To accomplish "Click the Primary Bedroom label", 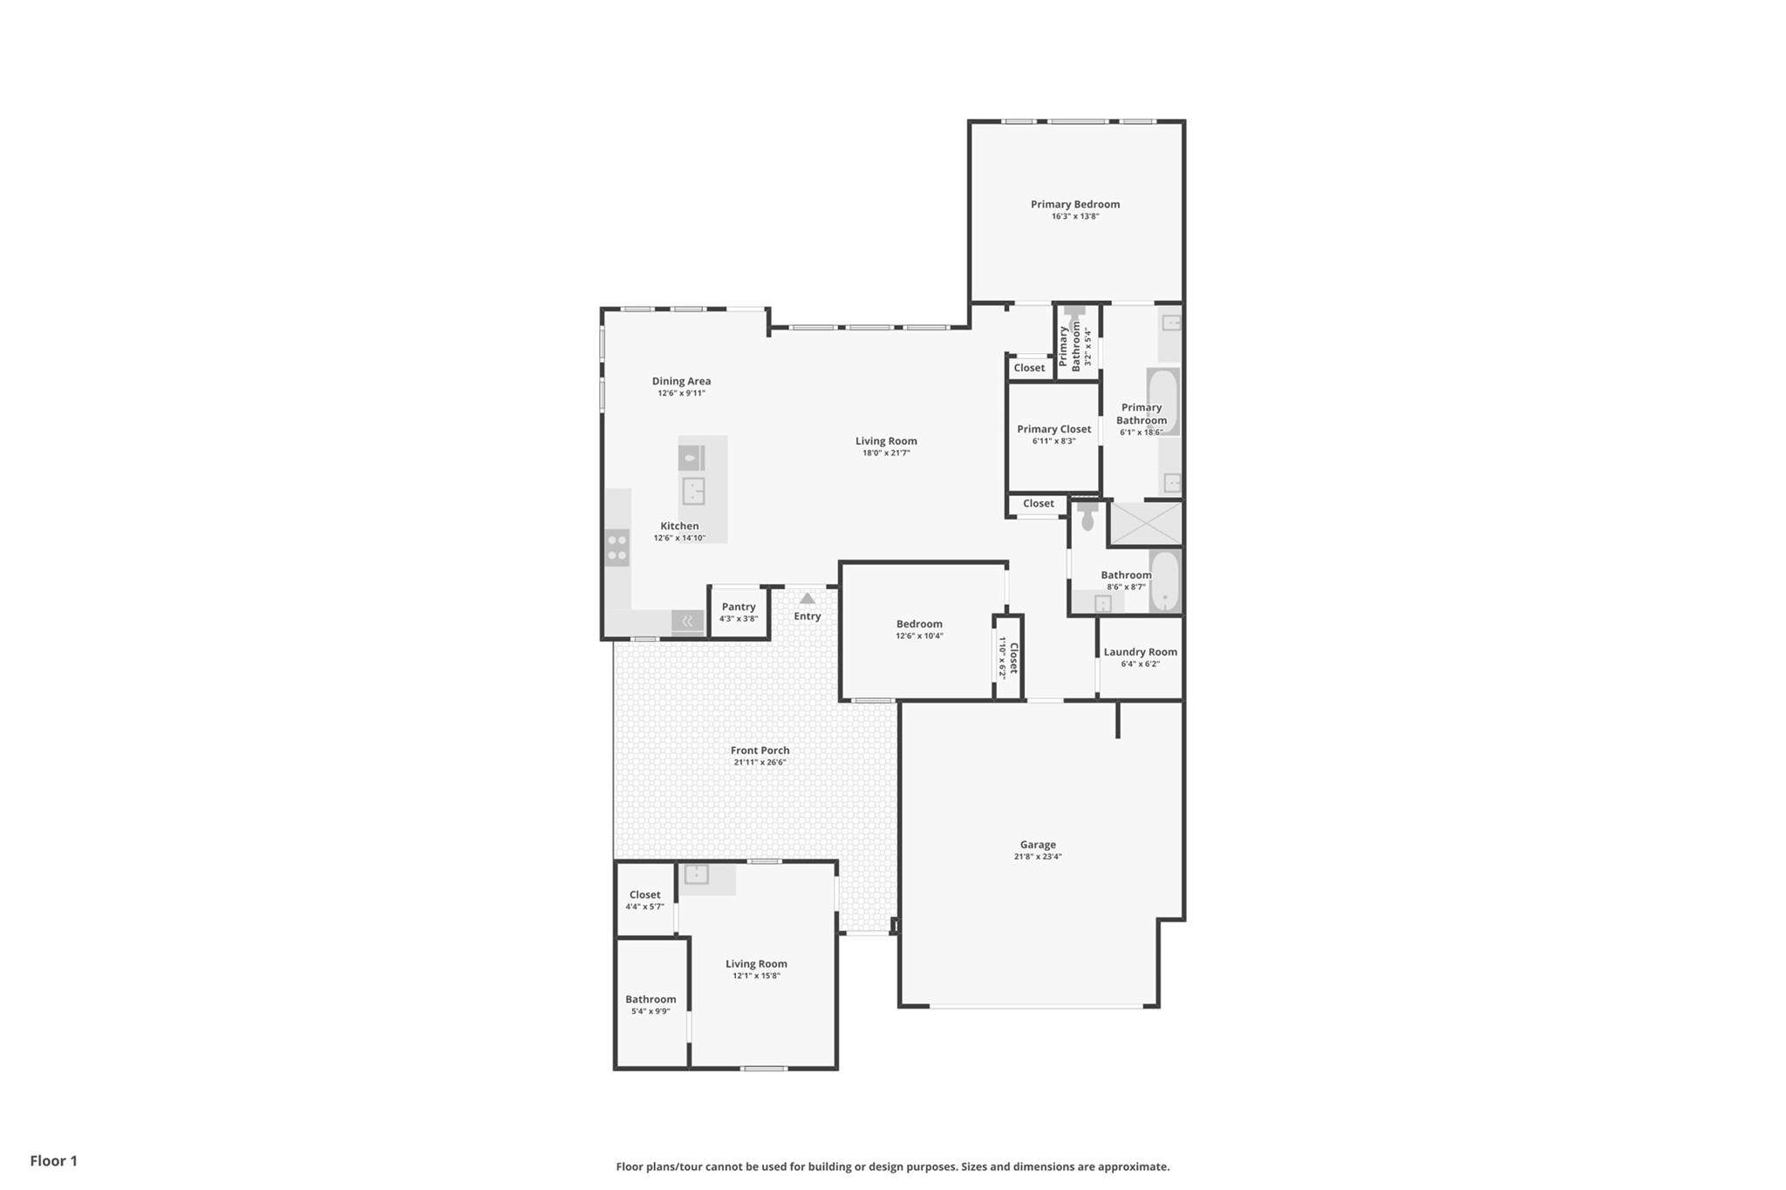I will pyautogui.click(x=1074, y=204).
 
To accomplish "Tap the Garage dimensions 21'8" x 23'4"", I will pyautogui.click(x=1037, y=856).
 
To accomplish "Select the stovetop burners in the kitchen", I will pyautogui.click(x=617, y=547).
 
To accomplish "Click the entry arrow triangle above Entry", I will pyautogui.click(x=808, y=598).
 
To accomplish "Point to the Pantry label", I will pyautogui.click(x=738, y=607).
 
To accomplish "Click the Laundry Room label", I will pyautogui.click(x=1140, y=652).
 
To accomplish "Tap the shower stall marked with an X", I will pyautogui.click(x=1145, y=523).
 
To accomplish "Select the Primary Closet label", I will pyautogui.click(x=1053, y=429).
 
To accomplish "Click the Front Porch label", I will pyautogui.click(x=760, y=750).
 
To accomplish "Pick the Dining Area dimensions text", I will pyautogui.click(x=681, y=393).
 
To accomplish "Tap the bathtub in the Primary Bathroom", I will pyautogui.click(x=1162, y=401).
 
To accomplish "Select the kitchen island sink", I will pyautogui.click(x=693, y=490).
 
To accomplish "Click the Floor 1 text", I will pyautogui.click(x=53, y=1160).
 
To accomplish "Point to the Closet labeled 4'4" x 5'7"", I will pyautogui.click(x=644, y=894).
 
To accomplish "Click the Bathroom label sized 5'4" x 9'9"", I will pyautogui.click(x=650, y=999).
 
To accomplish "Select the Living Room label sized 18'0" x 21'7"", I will pyautogui.click(x=886, y=441).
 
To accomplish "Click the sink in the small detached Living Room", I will pyautogui.click(x=696, y=874).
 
